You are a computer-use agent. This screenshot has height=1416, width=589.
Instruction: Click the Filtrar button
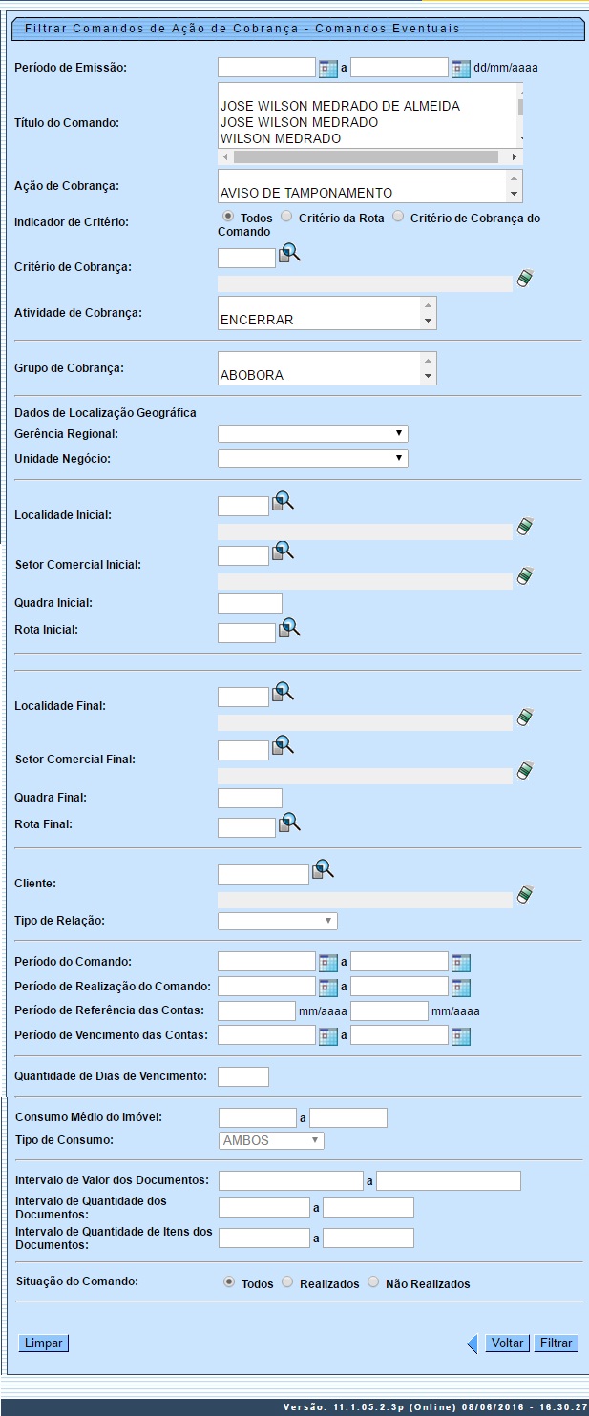click(556, 1343)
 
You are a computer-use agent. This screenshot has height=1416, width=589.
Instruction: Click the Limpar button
click(44, 1343)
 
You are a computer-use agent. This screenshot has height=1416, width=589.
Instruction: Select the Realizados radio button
click(288, 1283)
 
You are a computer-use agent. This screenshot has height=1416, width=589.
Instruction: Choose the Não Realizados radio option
click(373, 1283)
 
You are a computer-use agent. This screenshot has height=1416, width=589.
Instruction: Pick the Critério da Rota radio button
click(286, 218)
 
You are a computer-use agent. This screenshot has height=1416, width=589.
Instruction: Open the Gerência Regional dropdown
click(312, 434)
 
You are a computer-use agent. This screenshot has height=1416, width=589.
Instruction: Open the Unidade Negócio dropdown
click(312, 459)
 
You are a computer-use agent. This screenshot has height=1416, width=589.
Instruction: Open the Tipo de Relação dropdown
click(277, 921)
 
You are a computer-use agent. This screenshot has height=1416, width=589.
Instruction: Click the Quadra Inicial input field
click(250, 603)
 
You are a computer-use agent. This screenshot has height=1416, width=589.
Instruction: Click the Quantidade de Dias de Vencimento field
click(243, 1076)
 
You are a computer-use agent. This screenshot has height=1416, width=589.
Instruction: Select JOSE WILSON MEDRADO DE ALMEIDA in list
click(340, 106)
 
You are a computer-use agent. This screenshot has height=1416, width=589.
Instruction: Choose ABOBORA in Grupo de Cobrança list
click(252, 375)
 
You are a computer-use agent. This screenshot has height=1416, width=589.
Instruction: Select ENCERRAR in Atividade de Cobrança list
click(257, 320)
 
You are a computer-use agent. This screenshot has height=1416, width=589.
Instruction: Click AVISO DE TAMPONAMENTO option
click(306, 193)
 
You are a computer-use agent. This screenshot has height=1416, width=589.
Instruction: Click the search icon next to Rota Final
click(289, 822)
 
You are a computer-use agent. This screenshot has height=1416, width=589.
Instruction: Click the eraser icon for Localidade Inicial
click(524, 527)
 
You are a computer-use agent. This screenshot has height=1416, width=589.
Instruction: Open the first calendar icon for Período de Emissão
click(328, 69)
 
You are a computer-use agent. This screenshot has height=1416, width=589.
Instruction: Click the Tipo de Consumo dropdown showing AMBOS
click(271, 1140)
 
